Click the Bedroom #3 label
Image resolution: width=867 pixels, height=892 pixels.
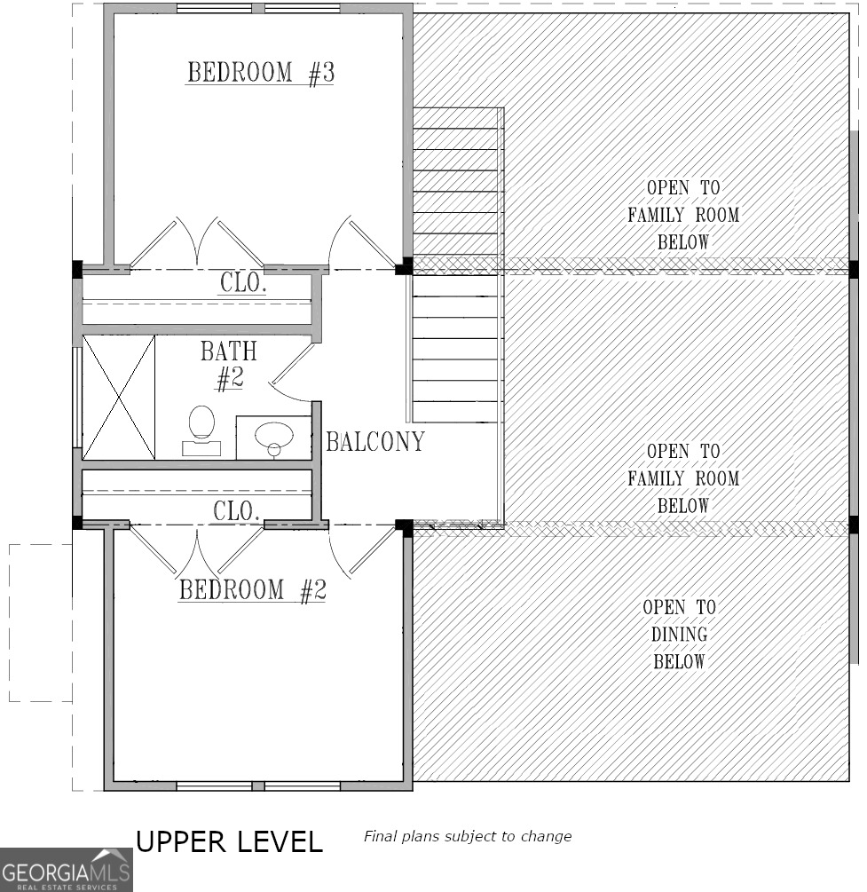pyautogui.click(x=260, y=73)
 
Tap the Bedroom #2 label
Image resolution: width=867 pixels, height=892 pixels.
pyautogui.click(x=252, y=590)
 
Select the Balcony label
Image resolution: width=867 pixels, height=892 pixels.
pyautogui.click(x=374, y=441)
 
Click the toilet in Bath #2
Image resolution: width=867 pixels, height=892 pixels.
pyautogui.click(x=201, y=429)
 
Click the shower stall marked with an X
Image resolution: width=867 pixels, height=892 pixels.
pyautogui.click(x=118, y=397)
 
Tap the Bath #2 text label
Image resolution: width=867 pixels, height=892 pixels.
pyautogui.click(x=228, y=365)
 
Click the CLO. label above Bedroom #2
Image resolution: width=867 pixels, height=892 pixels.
pyautogui.click(x=236, y=510)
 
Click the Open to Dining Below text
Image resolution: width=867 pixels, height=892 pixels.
pyautogui.click(x=679, y=634)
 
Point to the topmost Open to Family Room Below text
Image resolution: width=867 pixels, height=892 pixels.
pyautogui.click(x=682, y=215)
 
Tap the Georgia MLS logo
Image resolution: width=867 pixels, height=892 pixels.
pyautogui.click(x=66, y=869)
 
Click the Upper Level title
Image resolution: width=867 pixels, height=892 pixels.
pyautogui.click(x=228, y=841)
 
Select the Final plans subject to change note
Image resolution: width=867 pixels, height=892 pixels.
pyautogui.click(x=467, y=836)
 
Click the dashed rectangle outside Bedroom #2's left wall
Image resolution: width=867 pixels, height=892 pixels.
pyautogui.click(x=40, y=622)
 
